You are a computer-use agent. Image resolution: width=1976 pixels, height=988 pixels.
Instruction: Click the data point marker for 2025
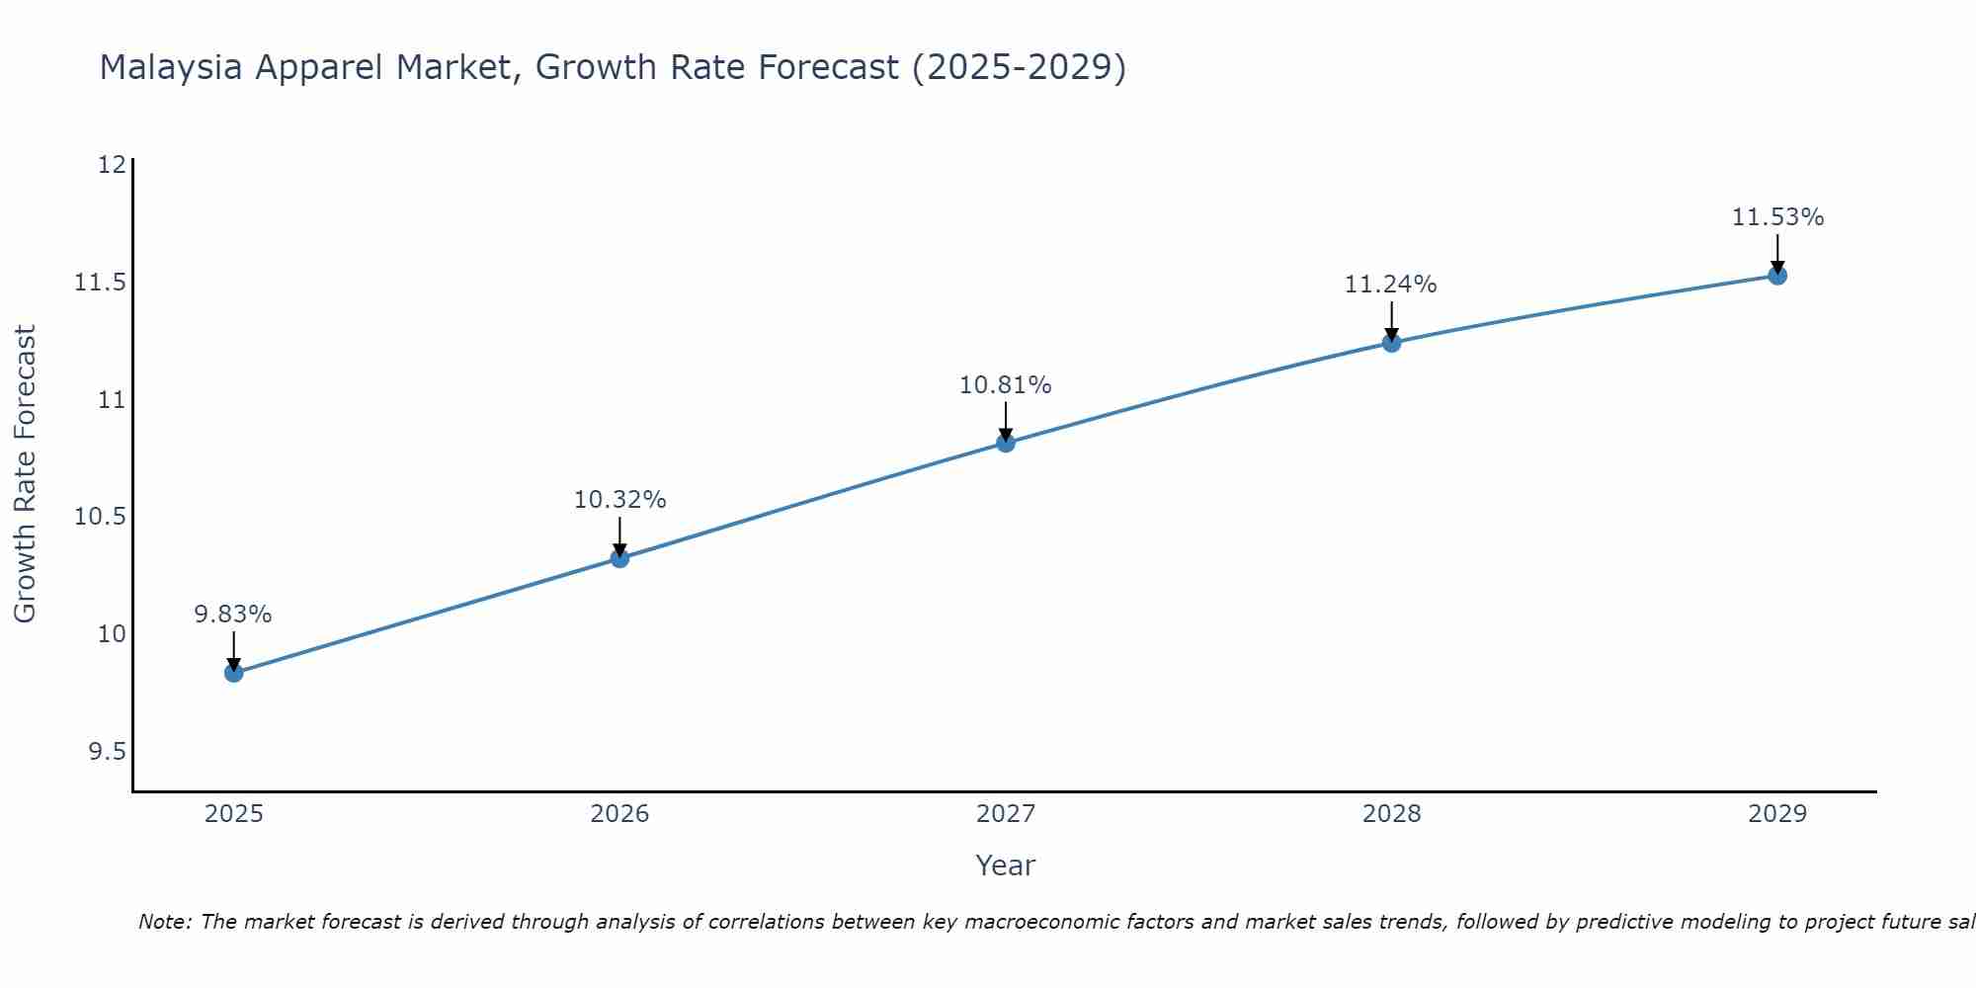(233, 673)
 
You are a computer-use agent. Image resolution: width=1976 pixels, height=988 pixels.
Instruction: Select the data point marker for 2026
(619, 558)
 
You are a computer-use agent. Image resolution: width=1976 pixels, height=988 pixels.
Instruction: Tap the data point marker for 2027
(1006, 443)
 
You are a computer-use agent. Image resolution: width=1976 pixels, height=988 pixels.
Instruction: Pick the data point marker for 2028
(1391, 343)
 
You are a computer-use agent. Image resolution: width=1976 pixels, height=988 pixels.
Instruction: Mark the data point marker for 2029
(1777, 275)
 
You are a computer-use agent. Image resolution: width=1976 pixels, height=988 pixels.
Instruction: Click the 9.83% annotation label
(232, 615)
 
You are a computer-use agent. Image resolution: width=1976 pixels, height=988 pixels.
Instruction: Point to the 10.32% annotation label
(619, 500)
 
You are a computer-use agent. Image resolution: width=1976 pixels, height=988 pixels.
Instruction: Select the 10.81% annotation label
(1005, 385)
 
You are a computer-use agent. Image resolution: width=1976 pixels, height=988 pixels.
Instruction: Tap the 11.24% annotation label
(1390, 285)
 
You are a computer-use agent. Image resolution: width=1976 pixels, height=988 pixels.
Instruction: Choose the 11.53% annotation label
(1777, 217)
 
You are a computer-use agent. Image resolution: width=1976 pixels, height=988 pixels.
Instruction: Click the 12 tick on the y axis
(112, 165)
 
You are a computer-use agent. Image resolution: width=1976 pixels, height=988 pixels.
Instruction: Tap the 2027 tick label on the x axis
(1005, 814)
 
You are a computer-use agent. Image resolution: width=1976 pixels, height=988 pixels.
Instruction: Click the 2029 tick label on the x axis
(1776, 814)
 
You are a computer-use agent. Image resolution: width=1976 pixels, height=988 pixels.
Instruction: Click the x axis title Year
(1005, 865)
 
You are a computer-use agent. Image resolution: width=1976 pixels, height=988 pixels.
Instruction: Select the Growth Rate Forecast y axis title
(25, 474)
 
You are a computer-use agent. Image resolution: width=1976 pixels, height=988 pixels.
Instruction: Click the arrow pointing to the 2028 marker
(1391, 321)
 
